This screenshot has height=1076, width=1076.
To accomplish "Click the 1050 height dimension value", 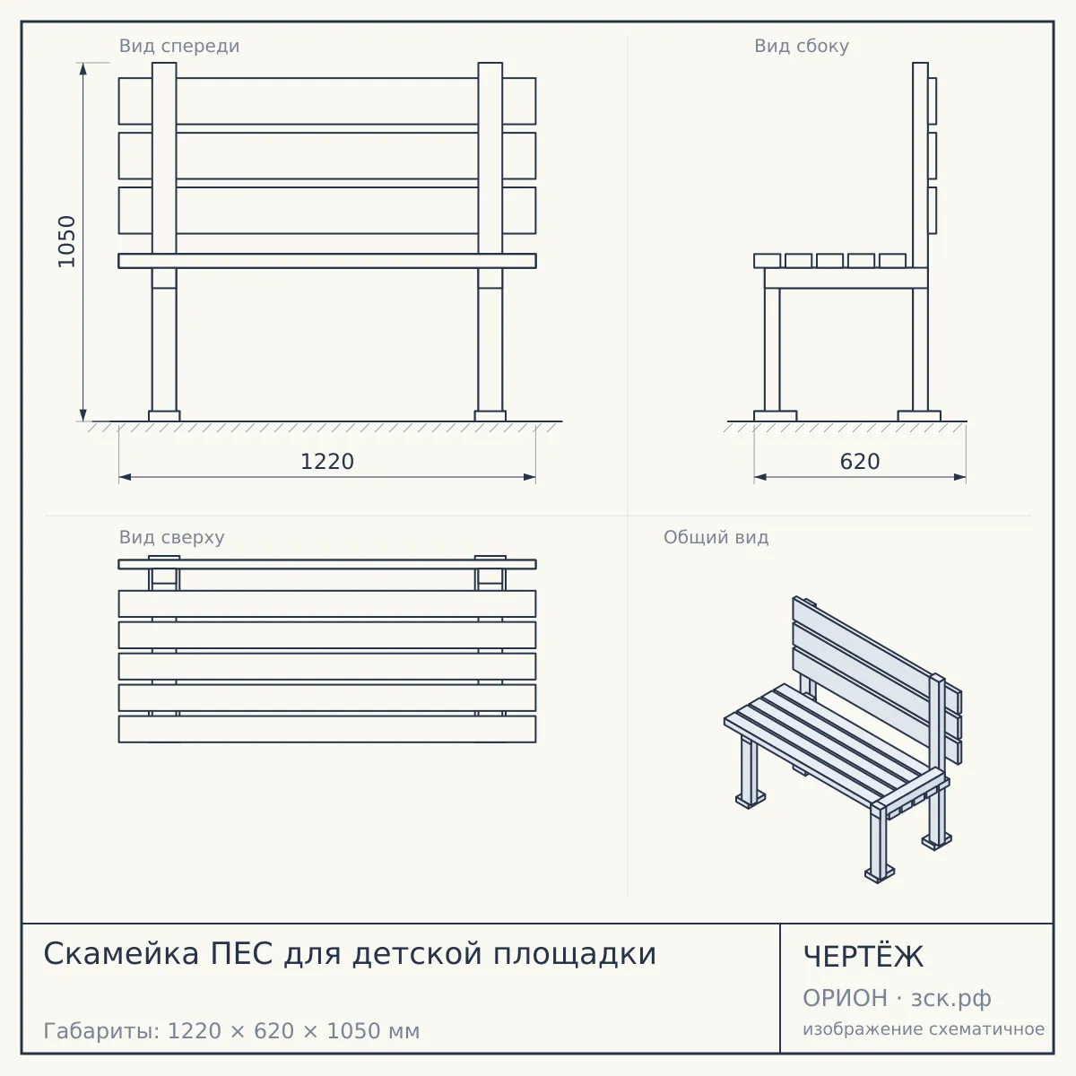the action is coord(66,241).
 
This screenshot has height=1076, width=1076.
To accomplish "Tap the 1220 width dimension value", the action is coord(327,462).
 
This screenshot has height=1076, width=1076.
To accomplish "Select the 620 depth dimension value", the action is coord(860,462).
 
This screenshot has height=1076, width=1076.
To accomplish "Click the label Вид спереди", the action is coord(179,46).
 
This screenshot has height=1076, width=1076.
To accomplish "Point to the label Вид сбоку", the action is coord(802,46).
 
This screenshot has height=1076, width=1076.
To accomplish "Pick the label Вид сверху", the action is coord(171,537).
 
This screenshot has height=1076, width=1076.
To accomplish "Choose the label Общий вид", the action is coord(716,537).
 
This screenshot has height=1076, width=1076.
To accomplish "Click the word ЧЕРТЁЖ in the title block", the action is coord(863,957).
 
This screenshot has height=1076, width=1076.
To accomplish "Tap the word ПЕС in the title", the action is coord(241,954).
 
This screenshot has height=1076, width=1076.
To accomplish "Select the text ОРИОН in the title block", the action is coord(845,998).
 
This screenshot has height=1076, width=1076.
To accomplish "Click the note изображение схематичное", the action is coord(924,1028).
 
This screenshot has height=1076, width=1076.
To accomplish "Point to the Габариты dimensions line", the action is coord(231,1031).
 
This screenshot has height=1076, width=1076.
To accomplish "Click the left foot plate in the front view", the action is coord(164,416).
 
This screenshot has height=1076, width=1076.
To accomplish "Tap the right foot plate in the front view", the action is coord(490,416).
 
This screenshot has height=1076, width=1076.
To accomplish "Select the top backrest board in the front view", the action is coord(327,101).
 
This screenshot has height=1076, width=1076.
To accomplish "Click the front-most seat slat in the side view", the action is coord(768,261).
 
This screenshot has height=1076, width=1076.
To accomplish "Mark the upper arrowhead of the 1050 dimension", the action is coord(83,69).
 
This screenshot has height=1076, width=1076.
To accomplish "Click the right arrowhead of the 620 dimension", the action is coord(959,477).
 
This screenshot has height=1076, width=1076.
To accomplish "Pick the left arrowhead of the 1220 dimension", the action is coord(125,477).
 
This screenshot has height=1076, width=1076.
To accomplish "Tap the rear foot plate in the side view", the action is coord(919,416).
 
